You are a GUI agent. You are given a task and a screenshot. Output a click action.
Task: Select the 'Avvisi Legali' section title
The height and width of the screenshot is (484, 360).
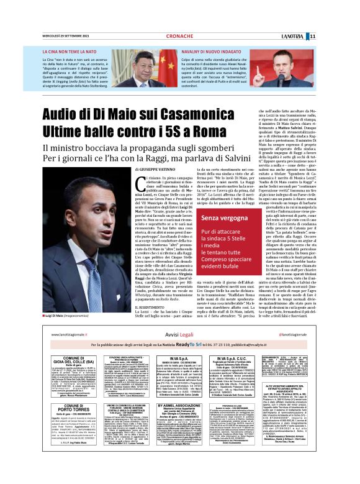pos(180,333)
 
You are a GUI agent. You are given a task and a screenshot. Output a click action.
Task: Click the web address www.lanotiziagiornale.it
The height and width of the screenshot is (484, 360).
pos(73,333)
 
